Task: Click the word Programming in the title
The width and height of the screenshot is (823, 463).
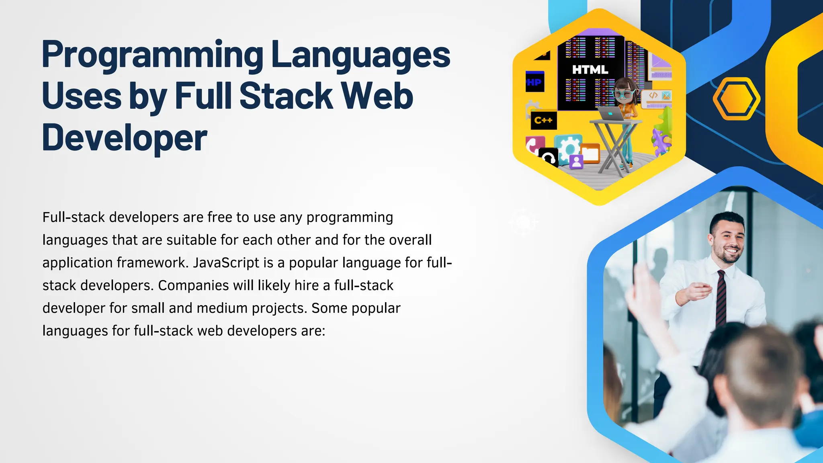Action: point(152,55)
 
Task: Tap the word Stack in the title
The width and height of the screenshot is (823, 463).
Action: point(286,96)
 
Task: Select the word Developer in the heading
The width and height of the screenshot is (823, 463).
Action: point(125,138)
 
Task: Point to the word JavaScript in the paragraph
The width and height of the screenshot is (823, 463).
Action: point(226,263)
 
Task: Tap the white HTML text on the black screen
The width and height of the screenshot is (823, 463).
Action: point(590,70)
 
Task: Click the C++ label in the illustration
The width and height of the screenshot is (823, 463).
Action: point(543,120)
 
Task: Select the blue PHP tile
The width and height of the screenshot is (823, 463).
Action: point(535,82)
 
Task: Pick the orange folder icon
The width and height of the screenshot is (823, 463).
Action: point(590,153)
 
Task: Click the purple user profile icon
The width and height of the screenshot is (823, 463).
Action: point(576,162)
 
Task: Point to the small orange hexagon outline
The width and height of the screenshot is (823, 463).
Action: point(736,99)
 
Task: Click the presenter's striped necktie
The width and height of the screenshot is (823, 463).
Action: point(721,297)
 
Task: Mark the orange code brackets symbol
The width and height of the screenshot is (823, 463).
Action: point(653,95)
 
